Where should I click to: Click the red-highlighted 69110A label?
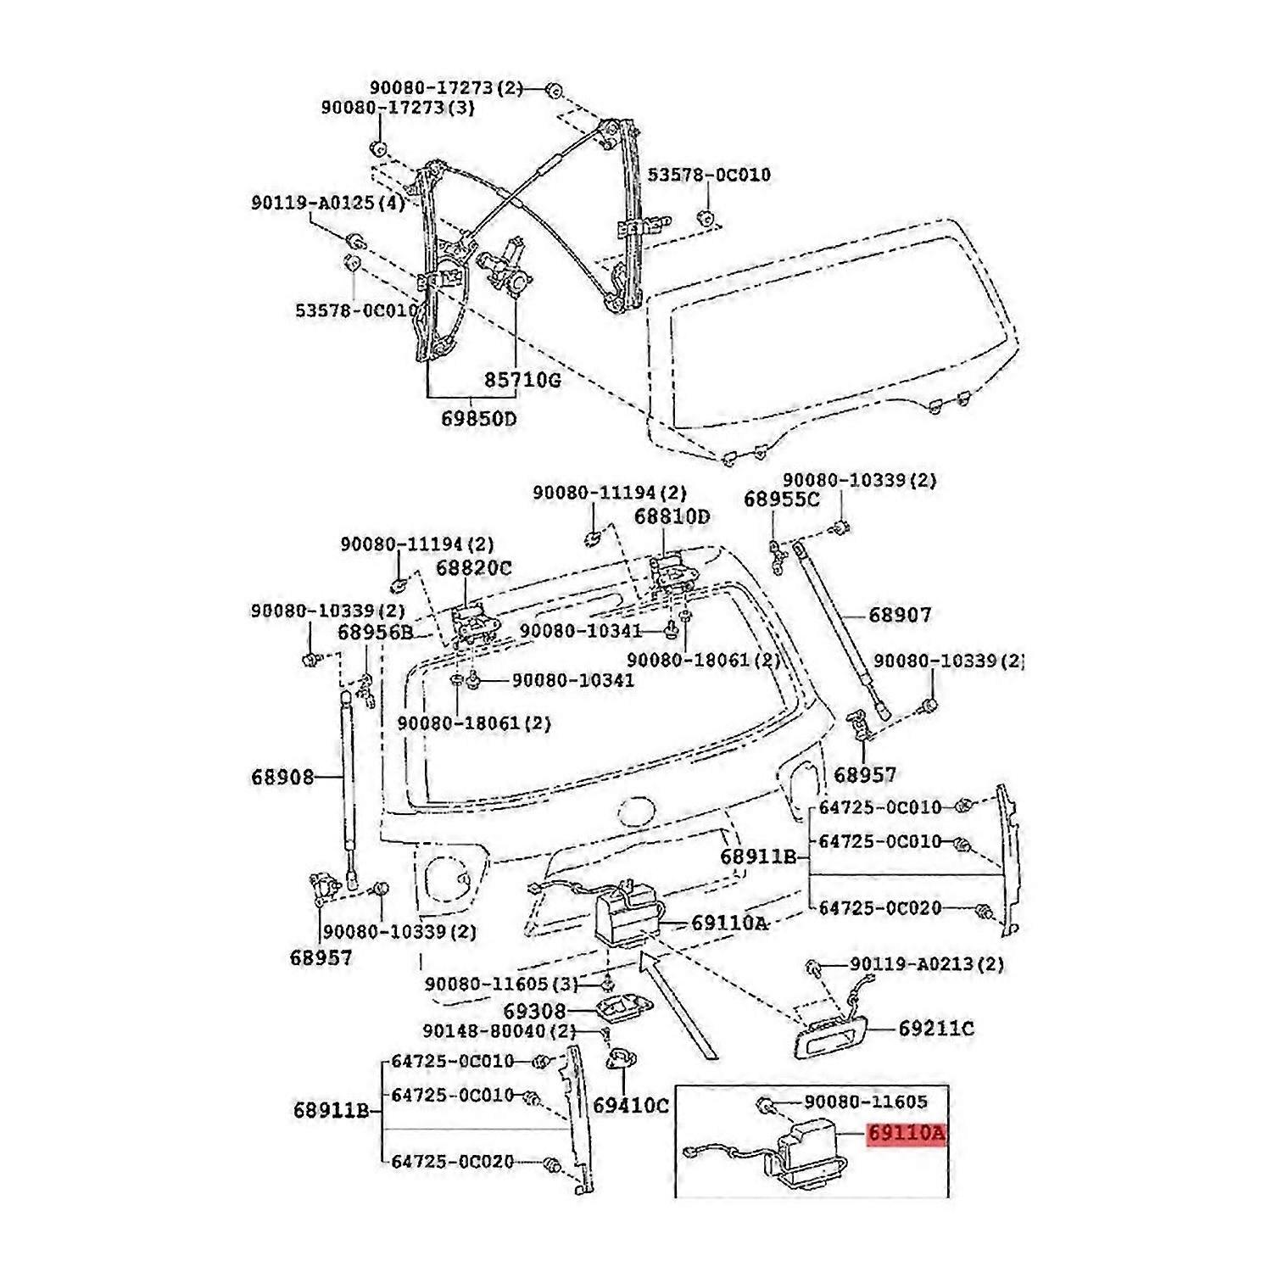click(x=905, y=1134)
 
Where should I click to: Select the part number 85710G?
click(x=522, y=380)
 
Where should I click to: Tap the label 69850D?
click(x=478, y=419)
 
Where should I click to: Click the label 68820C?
click(x=474, y=567)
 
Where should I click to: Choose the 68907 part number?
click(x=899, y=615)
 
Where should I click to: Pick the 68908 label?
click(x=282, y=777)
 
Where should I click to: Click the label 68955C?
click(x=782, y=499)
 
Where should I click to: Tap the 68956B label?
click(x=375, y=632)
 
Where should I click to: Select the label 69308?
click(x=534, y=1011)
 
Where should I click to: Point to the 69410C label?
click(x=631, y=1105)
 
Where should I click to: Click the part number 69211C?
click(x=936, y=1029)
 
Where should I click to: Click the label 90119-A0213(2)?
click(x=927, y=964)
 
